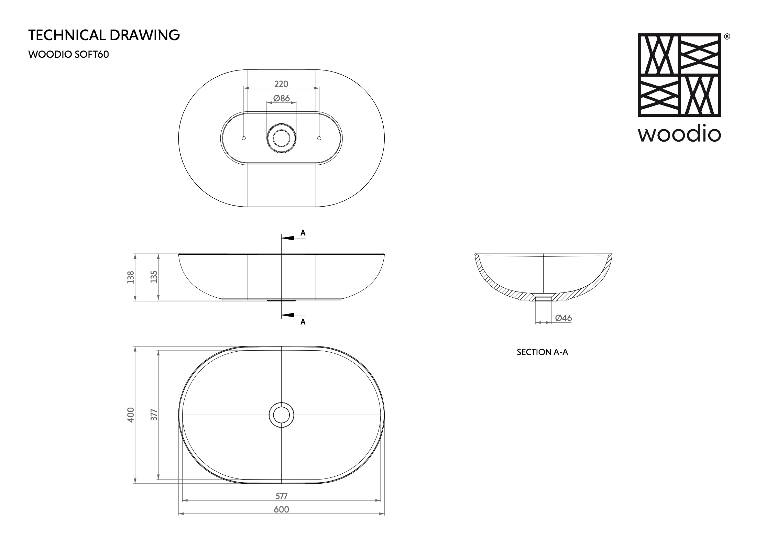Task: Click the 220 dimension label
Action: pos(281,84)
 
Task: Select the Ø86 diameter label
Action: pos(282,98)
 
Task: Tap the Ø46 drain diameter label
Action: pos(563,318)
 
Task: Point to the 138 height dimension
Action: pos(131,277)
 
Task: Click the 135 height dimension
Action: pos(154,277)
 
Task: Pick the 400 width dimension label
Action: pos(131,415)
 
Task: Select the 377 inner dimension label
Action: pos(154,415)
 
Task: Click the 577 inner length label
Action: pos(281,496)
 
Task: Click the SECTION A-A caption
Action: pos(543,352)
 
